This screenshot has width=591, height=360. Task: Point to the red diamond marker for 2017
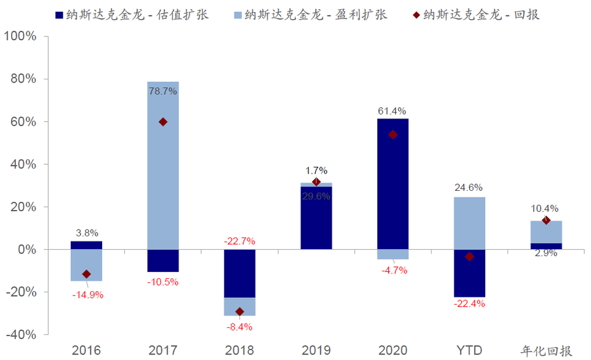point(163,122)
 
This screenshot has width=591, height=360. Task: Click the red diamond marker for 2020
point(393,135)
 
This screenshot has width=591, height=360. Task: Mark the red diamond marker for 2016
point(86,274)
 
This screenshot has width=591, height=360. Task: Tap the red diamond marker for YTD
point(469,257)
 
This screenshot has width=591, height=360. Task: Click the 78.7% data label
point(163,91)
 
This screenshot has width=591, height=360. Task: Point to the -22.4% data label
point(469,304)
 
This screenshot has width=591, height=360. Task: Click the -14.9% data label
point(87,294)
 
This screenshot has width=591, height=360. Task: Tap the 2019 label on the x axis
point(316,351)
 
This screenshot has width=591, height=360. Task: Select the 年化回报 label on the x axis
point(547,351)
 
